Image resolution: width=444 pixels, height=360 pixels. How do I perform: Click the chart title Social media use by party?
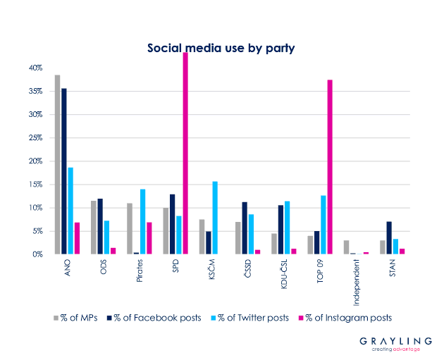pyautogui.click(x=221, y=49)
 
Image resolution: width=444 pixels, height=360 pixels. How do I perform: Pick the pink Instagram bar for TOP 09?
pyautogui.click(x=330, y=167)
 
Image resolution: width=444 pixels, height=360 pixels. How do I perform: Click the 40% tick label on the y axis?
pyautogui.click(x=36, y=68)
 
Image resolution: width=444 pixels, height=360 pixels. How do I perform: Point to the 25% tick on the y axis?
pyautogui.click(x=36, y=138)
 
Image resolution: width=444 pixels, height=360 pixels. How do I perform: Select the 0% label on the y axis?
pyautogui.click(x=38, y=254)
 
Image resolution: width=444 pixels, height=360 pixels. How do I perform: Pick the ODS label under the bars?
pyautogui.click(x=104, y=268)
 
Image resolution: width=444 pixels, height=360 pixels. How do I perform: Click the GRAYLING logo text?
pyautogui.click(x=392, y=340)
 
